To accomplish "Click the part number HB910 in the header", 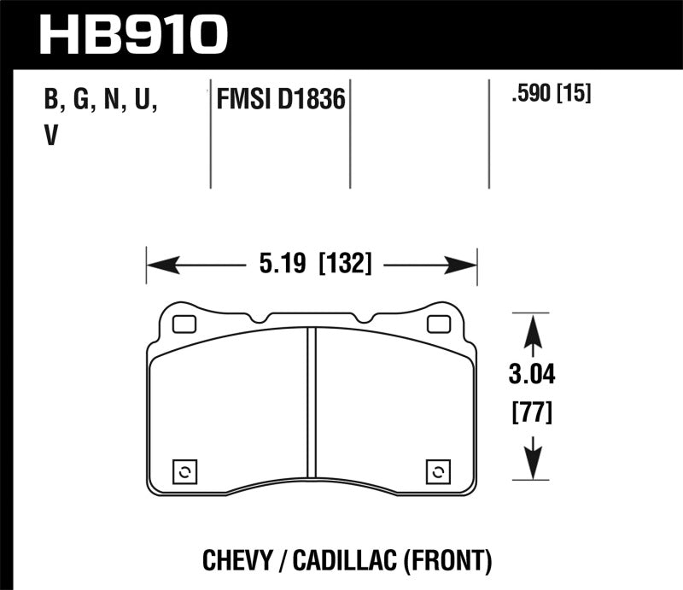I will tap(135, 34).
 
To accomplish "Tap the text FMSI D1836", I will tap(279, 101).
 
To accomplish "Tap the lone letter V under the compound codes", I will tap(50, 137).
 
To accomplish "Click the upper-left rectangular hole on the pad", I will tap(183, 324).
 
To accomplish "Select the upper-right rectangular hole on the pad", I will tap(439, 324).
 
